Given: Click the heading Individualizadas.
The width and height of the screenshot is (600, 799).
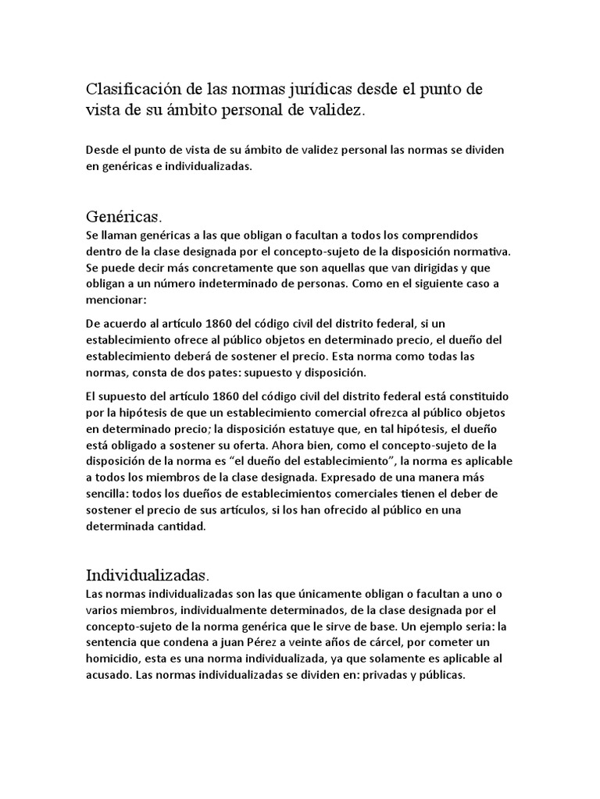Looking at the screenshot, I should [147, 576].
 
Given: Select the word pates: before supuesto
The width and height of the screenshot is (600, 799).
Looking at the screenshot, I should [217, 372].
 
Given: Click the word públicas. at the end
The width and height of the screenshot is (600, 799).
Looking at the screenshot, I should [441, 675].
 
